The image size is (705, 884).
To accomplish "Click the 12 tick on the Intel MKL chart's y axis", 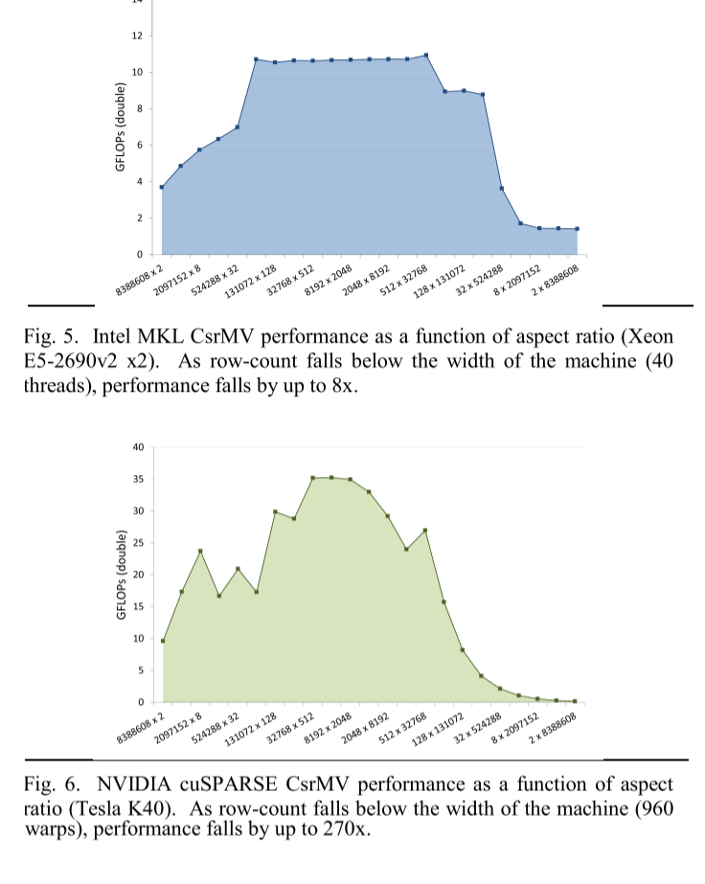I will [137, 35].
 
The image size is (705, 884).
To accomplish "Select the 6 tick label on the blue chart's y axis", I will [139, 145].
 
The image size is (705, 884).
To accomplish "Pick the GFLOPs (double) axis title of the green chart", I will [121, 575].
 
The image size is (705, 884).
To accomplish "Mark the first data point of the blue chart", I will [162, 187].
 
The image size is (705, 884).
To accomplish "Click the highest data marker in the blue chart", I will [426, 55].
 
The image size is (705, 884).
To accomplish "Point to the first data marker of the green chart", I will [163, 641].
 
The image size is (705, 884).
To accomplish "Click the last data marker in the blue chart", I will [577, 229].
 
